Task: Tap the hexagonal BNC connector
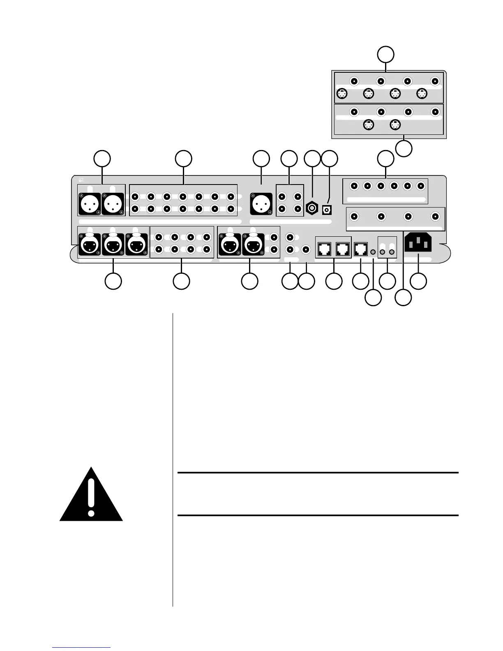point(312,209)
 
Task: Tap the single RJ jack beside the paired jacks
point(360,248)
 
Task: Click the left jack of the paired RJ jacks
point(325,248)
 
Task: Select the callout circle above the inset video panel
point(386,54)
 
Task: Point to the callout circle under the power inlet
point(418,282)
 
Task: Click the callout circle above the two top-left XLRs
point(102,159)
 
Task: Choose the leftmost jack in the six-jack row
point(354,186)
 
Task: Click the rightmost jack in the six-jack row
point(420,186)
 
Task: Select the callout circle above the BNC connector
point(312,159)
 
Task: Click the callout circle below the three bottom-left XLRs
point(113,282)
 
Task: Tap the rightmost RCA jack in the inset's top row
point(435,81)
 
